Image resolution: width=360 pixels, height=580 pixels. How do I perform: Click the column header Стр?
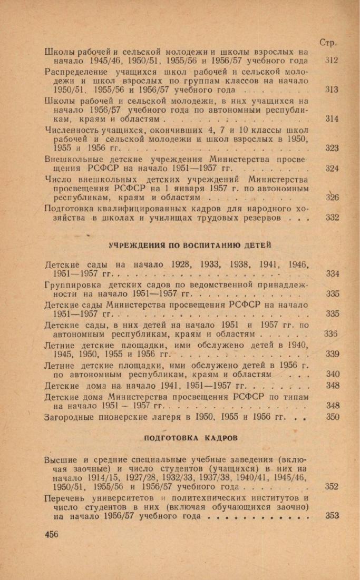329,42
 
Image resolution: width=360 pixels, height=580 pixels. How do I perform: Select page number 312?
332,61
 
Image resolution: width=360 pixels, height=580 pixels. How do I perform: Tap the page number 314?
332,119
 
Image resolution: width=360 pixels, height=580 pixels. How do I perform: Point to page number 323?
332,149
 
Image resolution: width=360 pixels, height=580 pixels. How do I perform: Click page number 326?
332,198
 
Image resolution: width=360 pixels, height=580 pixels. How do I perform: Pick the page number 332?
332,218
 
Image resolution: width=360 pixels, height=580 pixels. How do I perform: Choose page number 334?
332,273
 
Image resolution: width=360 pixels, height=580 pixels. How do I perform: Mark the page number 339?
332,354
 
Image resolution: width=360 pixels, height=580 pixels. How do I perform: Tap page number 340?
332,374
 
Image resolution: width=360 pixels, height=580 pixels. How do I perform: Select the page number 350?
332,417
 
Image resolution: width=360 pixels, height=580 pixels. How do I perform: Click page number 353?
332,516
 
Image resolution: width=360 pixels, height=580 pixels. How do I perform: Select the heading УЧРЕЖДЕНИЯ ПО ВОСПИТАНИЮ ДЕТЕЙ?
190,245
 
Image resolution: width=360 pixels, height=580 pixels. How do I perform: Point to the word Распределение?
75,71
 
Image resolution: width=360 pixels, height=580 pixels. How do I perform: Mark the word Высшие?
59,459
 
